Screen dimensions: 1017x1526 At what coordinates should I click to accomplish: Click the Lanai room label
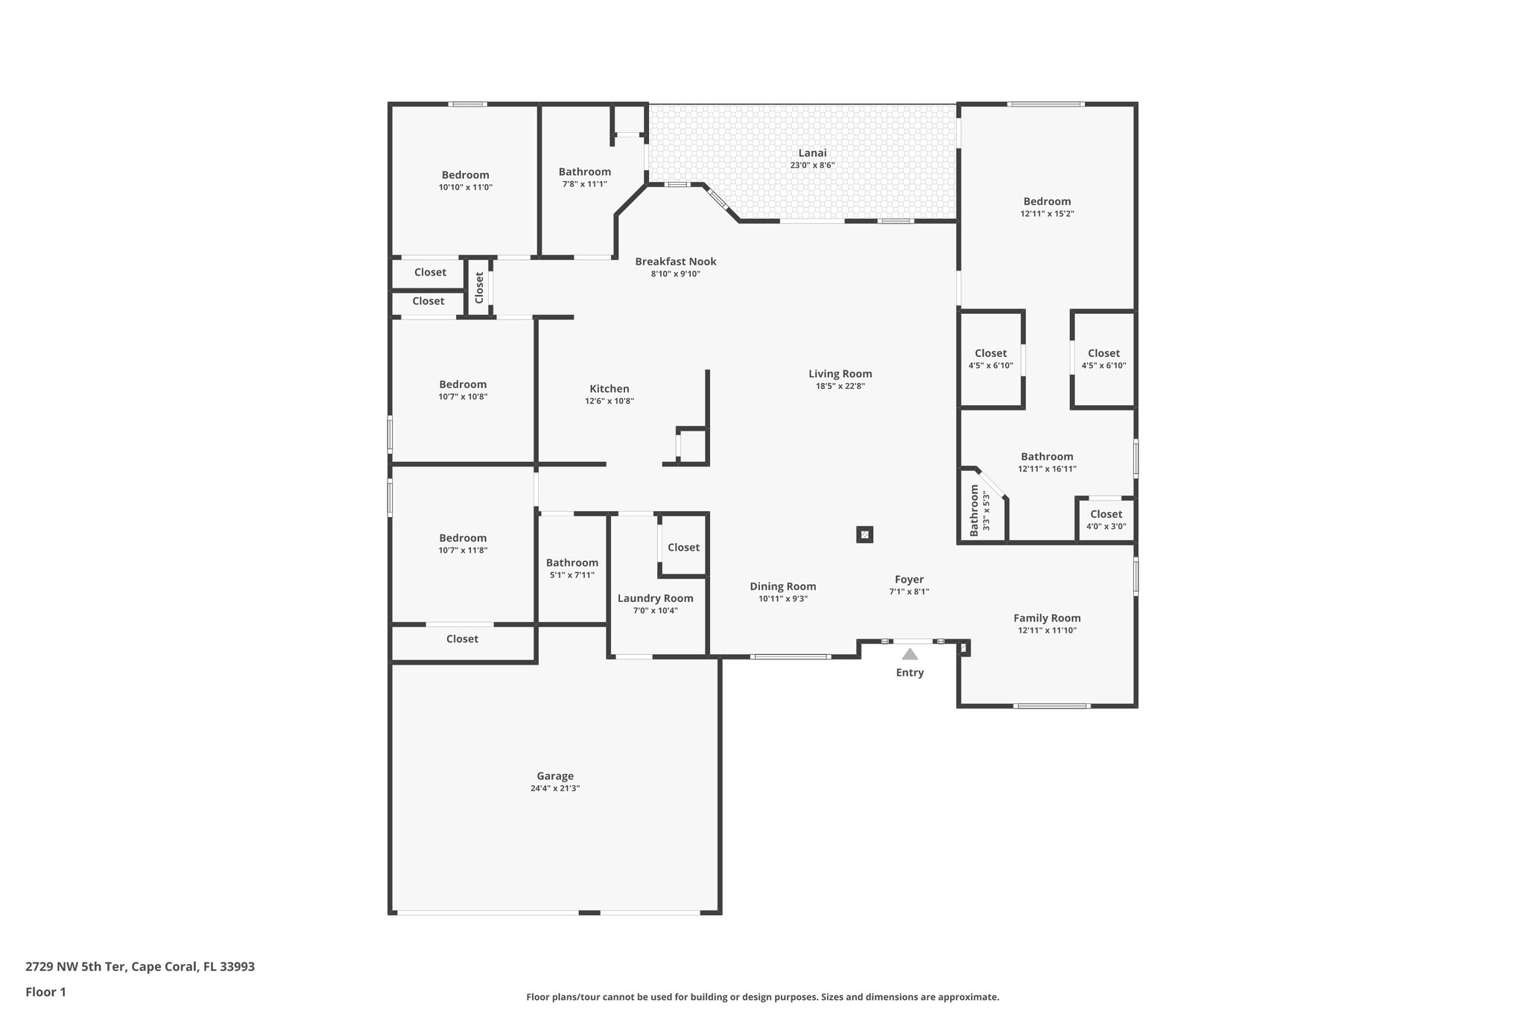812,153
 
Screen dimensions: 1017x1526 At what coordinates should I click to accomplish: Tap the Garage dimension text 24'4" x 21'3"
555,788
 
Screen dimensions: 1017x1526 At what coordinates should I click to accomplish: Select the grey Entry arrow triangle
910,654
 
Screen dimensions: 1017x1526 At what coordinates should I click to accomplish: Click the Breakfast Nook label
675,262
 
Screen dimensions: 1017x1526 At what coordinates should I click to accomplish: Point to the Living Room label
840,374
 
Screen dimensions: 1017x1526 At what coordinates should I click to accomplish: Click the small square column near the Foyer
864,534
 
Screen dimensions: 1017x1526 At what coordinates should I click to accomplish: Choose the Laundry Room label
655,598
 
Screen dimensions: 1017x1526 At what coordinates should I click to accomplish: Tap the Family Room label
1047,618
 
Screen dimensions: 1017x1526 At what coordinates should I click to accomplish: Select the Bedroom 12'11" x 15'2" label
1047,202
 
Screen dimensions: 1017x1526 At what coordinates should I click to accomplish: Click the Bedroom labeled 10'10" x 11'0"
465,175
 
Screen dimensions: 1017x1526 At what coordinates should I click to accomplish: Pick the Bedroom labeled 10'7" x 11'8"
463,538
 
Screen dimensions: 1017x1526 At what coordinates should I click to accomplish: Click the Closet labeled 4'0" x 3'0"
1106,514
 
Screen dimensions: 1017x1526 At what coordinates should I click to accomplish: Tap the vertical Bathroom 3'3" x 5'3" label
975,510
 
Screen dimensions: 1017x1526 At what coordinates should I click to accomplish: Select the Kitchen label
610,389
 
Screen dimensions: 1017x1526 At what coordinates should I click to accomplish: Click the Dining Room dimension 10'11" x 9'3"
783,599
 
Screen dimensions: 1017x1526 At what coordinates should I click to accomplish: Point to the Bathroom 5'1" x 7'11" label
572,563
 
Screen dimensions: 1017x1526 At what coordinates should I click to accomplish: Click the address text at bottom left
140,967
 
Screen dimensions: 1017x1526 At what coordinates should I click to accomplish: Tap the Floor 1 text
46,992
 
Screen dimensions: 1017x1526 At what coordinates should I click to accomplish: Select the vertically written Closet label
479,288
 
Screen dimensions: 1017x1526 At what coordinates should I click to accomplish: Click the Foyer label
909,580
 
